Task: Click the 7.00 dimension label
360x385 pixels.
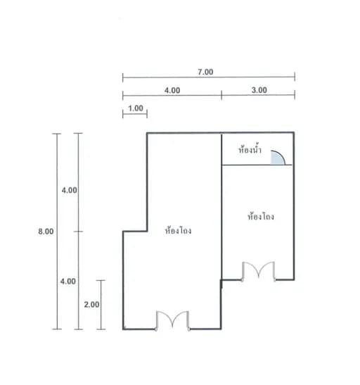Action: click(205, 72)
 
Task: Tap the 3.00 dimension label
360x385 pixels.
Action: click(259, 90)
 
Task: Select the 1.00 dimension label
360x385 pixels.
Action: click(136, 108)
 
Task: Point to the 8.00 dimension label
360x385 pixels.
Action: click(46, 232)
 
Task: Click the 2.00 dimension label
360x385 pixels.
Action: click(91, 305)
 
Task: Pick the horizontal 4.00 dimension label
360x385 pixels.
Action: click(172, 90)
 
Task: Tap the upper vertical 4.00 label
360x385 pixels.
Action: click(69, 190)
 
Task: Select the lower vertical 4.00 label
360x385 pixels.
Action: click(68, 281)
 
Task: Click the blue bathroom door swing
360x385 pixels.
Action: click(278, 158)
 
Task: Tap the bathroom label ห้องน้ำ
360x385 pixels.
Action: click(250, 149)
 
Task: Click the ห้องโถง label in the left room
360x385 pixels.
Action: click(179, 230)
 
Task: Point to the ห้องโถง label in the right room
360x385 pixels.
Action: click(261, 216)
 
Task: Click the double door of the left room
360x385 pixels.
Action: click(173, 320)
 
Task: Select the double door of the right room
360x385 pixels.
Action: click(259, 271)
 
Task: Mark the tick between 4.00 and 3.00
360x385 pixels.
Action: click(221, 95)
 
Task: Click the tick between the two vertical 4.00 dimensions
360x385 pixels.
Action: click(78, 232)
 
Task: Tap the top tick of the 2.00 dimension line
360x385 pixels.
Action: click(101, 280)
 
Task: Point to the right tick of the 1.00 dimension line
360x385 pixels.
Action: click(147, 114)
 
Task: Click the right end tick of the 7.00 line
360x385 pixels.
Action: click(295, 77)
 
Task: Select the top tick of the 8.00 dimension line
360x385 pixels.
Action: click(57, 134)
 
